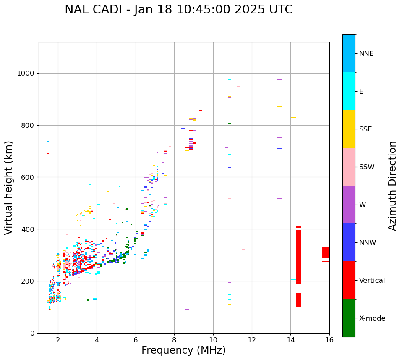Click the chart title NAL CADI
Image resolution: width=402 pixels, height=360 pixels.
click(x=179, y=10)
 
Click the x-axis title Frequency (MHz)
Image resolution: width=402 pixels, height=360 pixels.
click(x=183, y=350)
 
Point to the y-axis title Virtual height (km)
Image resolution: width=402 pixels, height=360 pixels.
click(x=9, y=187)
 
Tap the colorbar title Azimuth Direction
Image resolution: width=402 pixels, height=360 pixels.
click(x=392, y=186)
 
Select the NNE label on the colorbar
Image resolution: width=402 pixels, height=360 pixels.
click(x=366, y=54)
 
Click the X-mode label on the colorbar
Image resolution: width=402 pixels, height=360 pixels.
click(x=372, y=318)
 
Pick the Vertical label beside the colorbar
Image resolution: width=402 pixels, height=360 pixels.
click(x=372, y=281)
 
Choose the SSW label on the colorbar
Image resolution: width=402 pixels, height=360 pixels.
click(x=367, y=167)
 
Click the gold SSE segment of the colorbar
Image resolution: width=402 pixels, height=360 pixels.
click(x=349, y=129)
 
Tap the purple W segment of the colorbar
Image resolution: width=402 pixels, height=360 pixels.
click(x=349, y=204)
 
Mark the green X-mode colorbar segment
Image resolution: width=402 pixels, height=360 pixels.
click(x=349, y=318)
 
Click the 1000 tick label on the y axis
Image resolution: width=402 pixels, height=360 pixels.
click(x=26, y=74)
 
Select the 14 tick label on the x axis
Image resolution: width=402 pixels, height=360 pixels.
click(x=291, y=340)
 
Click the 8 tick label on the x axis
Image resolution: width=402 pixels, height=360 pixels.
click(x=174, y=340)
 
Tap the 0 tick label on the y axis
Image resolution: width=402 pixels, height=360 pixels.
click(x=32, y=333)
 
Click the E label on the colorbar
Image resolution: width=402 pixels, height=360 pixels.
click(x=361, y=92)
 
